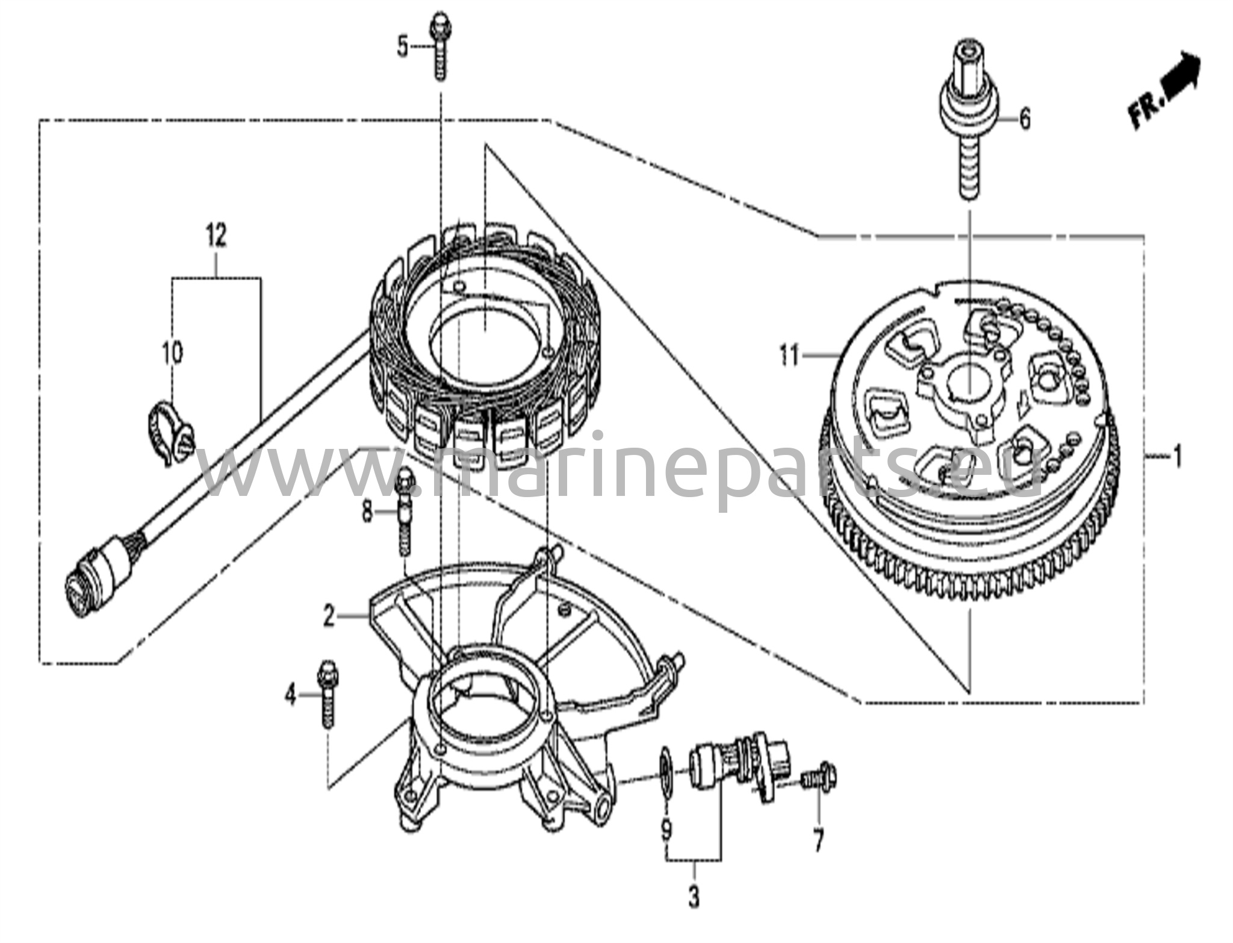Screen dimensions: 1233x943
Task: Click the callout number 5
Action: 402,46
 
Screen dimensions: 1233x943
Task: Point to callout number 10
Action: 172,353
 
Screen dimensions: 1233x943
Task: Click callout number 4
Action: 291,696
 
